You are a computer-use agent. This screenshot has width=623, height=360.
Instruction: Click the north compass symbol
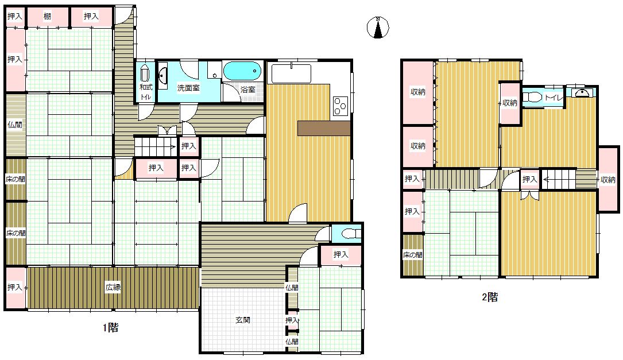click(378, 28)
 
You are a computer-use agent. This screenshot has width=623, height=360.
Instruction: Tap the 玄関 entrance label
click(243, 320)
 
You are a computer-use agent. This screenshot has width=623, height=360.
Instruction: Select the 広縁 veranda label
click(113, 287)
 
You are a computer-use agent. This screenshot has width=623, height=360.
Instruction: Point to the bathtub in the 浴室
click(242, 71)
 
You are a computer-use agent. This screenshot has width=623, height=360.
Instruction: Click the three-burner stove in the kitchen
click(340, 106)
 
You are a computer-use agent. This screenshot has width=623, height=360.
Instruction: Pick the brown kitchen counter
click(324, 129)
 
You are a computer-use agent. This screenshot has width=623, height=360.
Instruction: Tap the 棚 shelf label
click(48, 17)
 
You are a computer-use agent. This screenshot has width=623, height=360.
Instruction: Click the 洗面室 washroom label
click(188, 88)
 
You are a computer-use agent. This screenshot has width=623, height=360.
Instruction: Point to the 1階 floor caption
click(110, 328)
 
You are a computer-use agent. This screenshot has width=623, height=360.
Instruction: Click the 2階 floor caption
click(490, 297)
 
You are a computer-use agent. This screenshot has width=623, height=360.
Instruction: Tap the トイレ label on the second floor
click(554, 98)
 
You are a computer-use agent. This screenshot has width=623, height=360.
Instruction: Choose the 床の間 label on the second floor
click(413, 255)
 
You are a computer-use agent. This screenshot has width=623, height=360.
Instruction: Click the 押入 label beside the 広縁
click(15, 287)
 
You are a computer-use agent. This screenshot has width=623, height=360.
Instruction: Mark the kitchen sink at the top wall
click(291, 73)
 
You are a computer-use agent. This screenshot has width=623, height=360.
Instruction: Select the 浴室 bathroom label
click(248, 90)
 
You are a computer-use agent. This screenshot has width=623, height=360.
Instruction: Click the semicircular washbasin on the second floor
click(581, 93)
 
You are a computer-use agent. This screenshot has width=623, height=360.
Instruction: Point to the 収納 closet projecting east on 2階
click(608, 180)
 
